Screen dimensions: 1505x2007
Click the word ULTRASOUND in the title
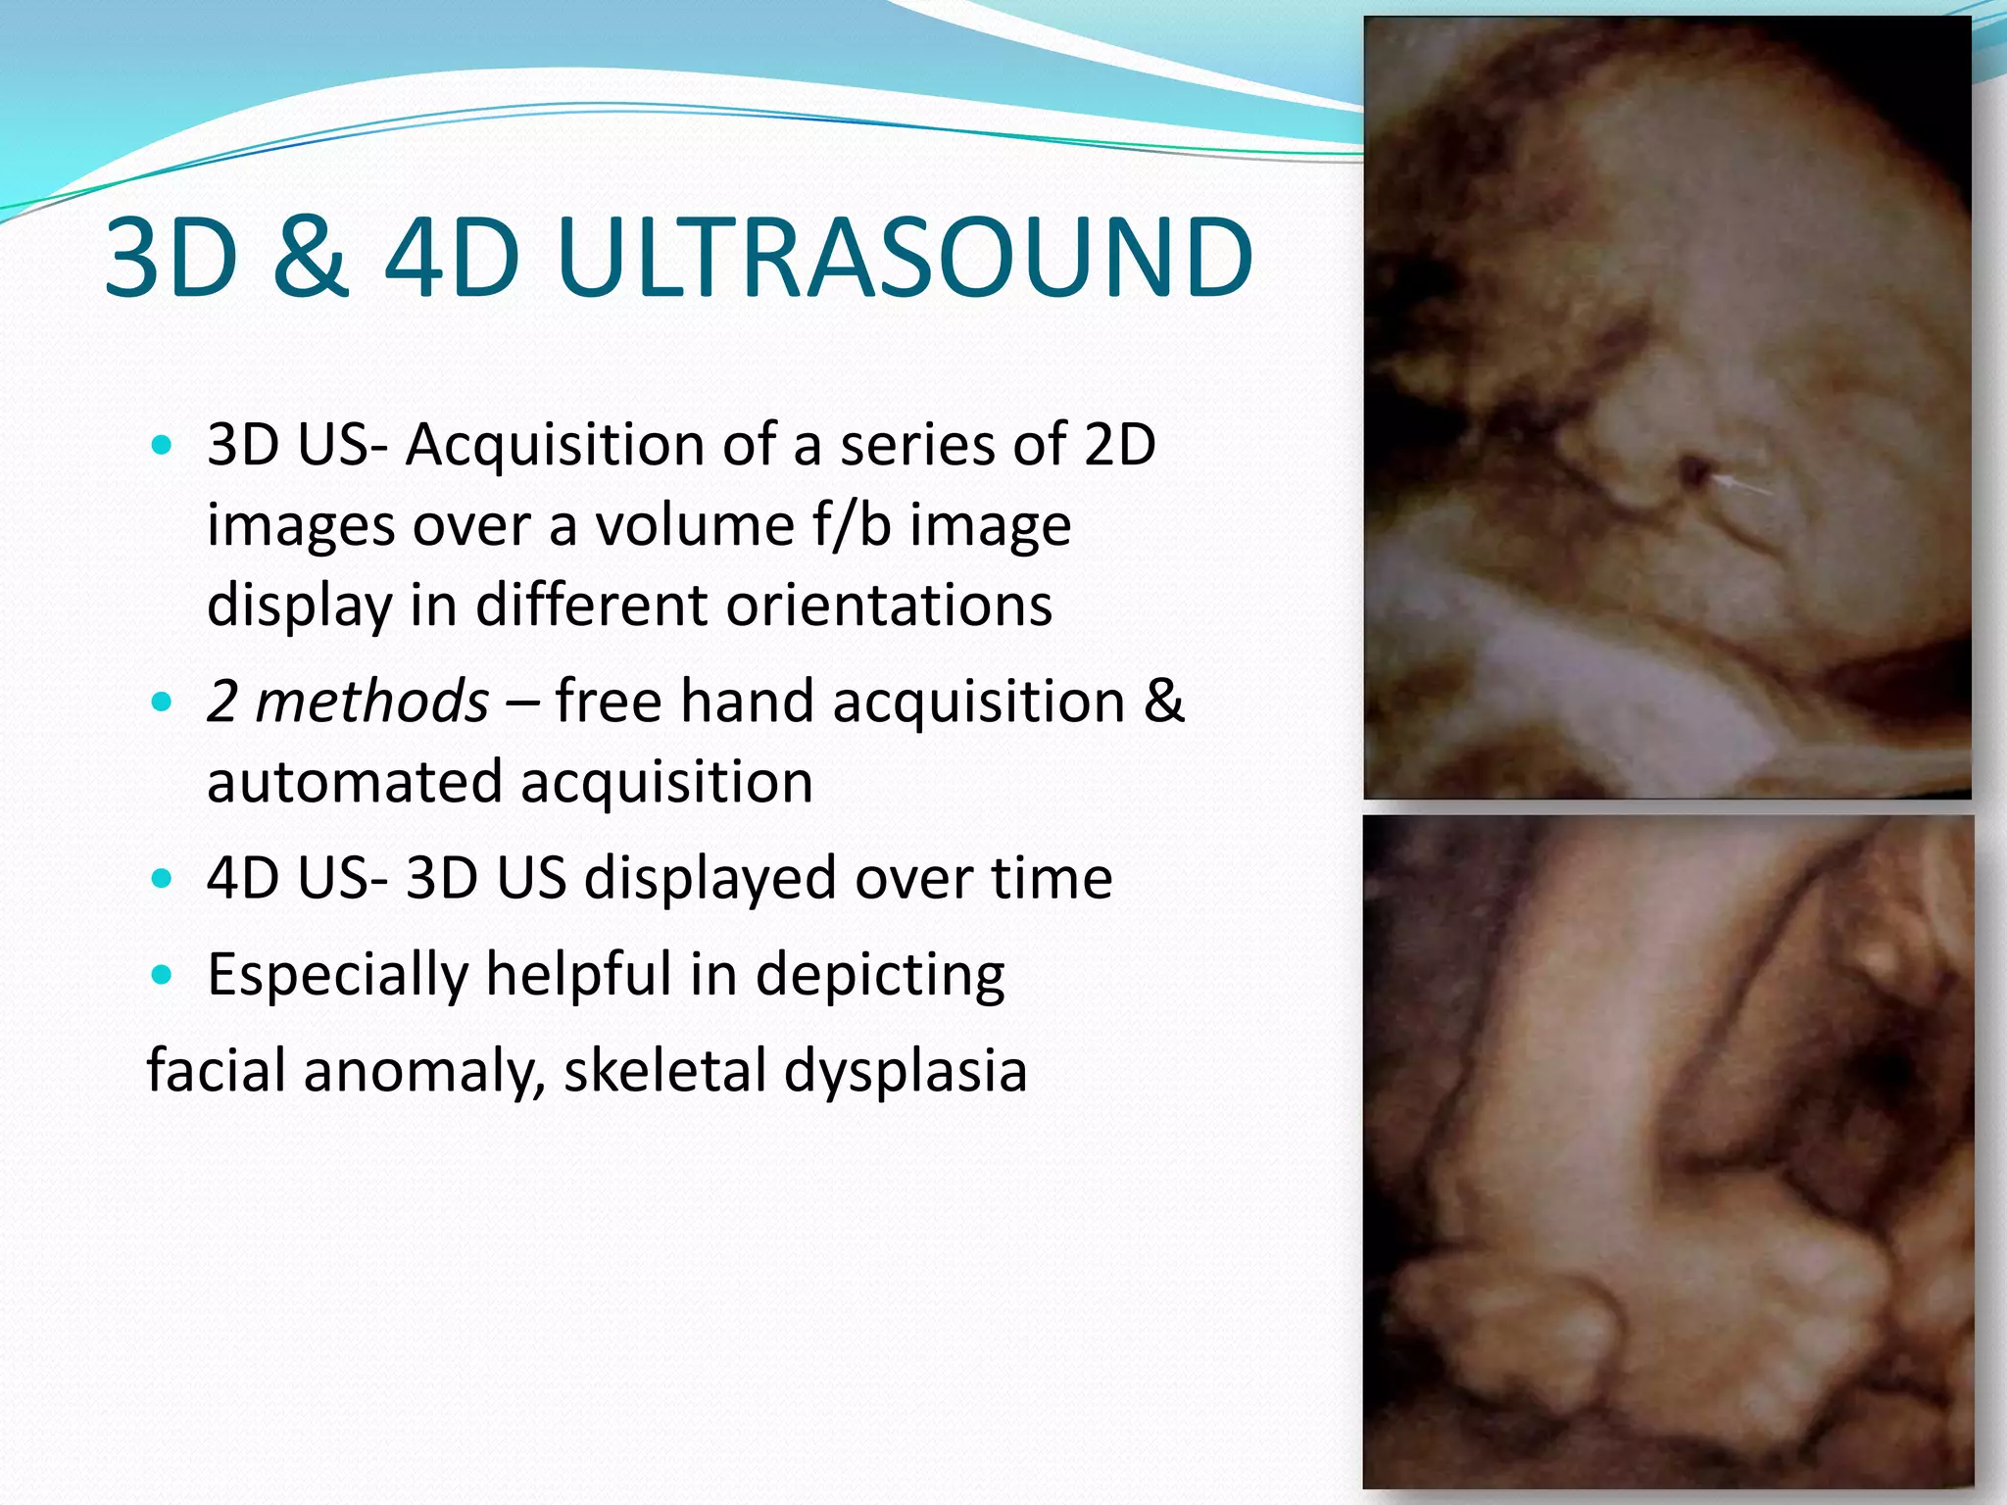coord(904,258)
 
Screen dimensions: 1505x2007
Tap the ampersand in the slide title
coord(311,258)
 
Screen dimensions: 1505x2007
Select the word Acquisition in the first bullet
coord(555,446)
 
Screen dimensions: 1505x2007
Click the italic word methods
coord(371,702)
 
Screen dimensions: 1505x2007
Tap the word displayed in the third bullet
coord(710,878)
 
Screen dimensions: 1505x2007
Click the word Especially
coord(339,976)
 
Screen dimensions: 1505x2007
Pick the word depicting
coord(880,976)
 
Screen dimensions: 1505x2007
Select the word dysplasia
coord(906,1072)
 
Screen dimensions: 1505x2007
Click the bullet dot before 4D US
coord(163,878)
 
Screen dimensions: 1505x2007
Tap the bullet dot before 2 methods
coord(163,703)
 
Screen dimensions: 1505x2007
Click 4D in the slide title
coord(452,258)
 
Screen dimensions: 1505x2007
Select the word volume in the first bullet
coord(695,525)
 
